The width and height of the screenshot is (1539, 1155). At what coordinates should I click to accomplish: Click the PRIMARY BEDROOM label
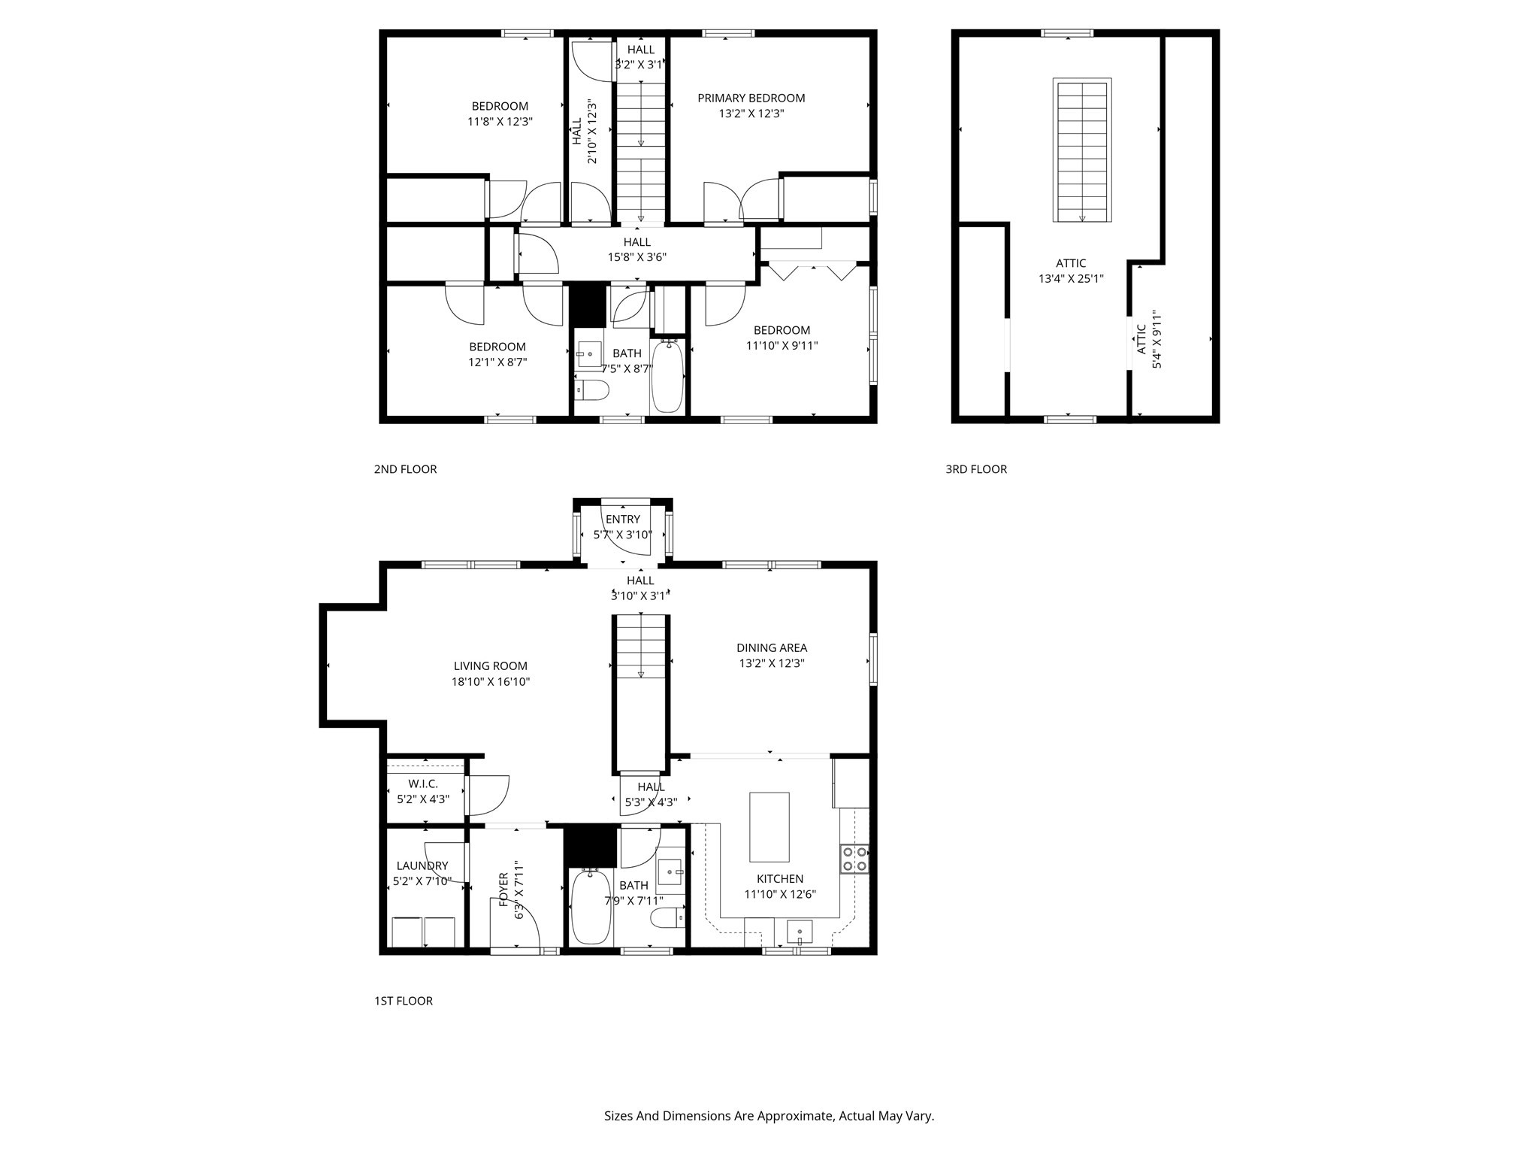(751, 98)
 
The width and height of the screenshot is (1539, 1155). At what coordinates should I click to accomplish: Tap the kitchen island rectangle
(769, 826)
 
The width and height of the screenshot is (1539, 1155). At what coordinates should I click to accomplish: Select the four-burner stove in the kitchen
(854, 859)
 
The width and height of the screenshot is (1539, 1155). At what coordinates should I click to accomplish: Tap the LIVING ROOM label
(491, 665)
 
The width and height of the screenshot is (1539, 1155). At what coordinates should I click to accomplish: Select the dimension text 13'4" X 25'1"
(1071, 279)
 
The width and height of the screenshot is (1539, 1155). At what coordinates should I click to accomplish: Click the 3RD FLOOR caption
(975, 469)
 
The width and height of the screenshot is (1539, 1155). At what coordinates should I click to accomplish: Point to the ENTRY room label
(622, 519)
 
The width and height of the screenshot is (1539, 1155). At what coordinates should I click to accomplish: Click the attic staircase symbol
(1082, 150)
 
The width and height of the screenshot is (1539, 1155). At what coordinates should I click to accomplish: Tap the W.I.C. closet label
(423, 784)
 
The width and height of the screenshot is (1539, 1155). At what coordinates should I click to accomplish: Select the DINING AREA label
(771, 647)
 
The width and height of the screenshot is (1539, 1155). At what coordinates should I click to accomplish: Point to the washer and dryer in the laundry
(423, 932)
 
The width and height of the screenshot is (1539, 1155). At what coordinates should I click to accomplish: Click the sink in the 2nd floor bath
(590, 353)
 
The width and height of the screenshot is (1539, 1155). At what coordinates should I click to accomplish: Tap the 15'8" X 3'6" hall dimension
(636, 257)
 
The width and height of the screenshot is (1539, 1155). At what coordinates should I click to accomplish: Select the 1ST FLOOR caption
(403, 1001)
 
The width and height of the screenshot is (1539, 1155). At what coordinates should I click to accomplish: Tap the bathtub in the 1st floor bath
(591, 906)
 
